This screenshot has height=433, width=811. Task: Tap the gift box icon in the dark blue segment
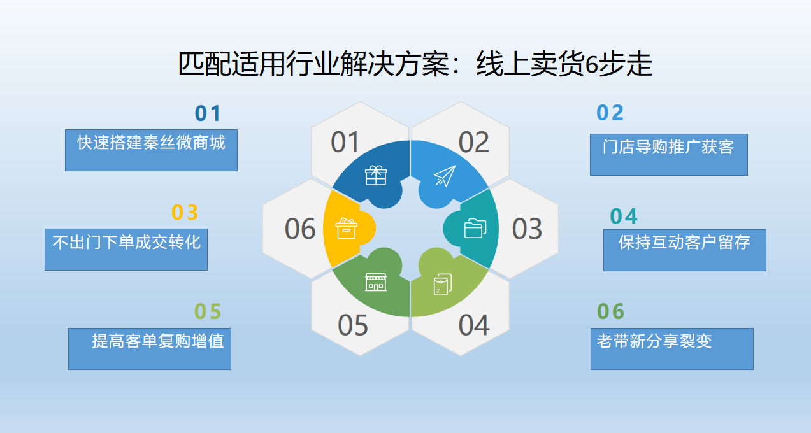pos(376,175)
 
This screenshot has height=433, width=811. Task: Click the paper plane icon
pos(445,176)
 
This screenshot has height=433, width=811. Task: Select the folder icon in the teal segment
pos(475,228)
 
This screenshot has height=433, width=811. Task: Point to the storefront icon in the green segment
pos(376,282)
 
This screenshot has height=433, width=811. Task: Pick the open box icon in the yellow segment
pos(347,228)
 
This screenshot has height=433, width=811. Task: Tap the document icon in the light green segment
pos(442,284)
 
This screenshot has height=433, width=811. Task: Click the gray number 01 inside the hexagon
pos(345,143)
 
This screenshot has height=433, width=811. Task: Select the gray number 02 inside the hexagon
pos(473,143)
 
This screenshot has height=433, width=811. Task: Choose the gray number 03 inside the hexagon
pos(527,229)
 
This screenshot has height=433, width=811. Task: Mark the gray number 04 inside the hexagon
pos(473,325)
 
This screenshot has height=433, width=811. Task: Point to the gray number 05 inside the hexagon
pos(353,325)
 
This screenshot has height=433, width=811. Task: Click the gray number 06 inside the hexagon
pos(300,229)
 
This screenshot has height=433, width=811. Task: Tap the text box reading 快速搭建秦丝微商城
pos(151,150)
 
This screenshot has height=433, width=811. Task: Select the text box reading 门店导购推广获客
pos(668,154)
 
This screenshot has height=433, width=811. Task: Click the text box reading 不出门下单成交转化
pos(126,249)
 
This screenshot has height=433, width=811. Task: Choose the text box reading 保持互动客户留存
pos(684,250)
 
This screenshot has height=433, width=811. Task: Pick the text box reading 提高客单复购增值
pos(150,348)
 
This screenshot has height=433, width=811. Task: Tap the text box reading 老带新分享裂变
pos(671,348)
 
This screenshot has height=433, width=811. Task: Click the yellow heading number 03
pos(185,212)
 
